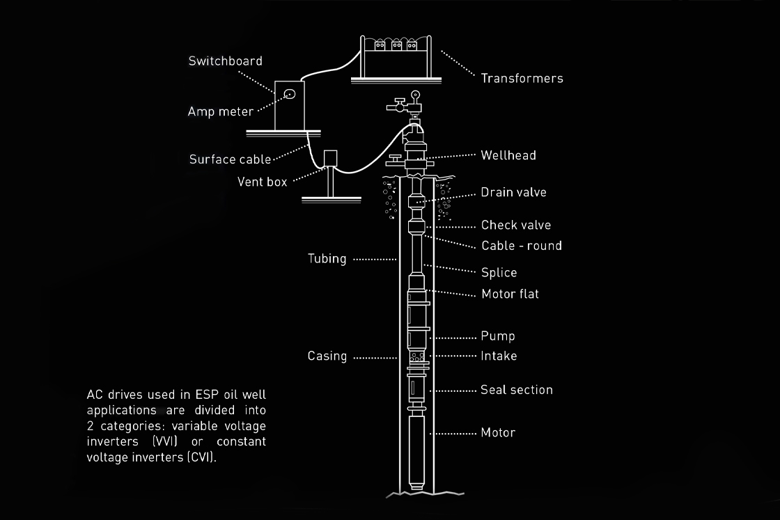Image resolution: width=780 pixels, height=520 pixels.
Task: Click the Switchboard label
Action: click(x=225, y=61)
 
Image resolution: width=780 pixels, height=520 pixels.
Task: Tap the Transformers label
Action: click(x=522, y=78)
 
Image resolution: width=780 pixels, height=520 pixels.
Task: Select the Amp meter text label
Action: click(x=220, y=111)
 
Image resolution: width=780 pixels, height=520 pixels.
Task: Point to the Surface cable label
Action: click(x=230, y=159)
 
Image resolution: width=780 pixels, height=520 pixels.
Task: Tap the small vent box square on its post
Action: click(x=330, y=159)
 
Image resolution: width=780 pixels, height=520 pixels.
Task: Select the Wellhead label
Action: click(x=508, y=155)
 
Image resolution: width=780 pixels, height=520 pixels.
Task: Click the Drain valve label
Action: click(x=513, y=192)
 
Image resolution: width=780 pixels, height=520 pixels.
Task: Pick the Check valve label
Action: click(x=515, y=225)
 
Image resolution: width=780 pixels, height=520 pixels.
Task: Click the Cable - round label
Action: click(x=521, y=246)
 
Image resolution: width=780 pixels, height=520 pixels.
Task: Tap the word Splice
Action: click(x=499, y=272)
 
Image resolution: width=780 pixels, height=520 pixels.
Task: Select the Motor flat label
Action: click(x=510, y=294)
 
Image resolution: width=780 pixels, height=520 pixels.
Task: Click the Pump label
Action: click(x=498, y=336)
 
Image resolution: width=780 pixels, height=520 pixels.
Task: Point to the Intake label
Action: click(x=499, y=356)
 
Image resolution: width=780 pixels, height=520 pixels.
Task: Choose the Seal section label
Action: click(x=516, y=390)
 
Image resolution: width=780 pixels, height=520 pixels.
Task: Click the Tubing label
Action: click(x=327, y=258)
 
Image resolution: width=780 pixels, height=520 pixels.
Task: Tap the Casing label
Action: click(x=327, y=356)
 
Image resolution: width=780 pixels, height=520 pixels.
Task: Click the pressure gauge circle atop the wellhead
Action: click(x=416, y=95)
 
